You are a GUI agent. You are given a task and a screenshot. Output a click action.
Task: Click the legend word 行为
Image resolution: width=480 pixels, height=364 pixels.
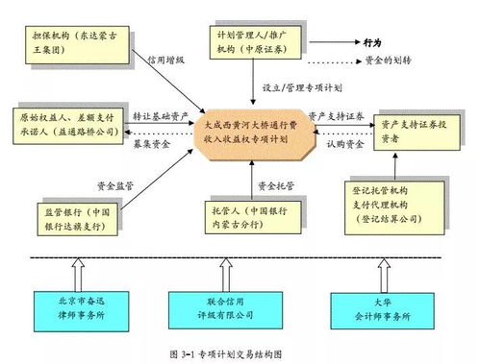373,42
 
